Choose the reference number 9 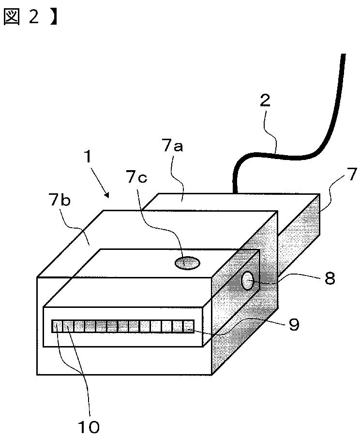coord(293,324)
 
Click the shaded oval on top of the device coord(187,262)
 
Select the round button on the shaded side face coord(247,281)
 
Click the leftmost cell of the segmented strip coord(57,326)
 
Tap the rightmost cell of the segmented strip coord(188,326)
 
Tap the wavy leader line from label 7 coord(329,198)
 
